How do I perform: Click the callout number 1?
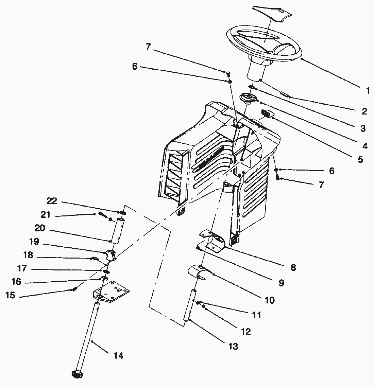tap(367, 91)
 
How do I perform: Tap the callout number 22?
tap(52, 201)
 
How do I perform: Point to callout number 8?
tap(293, 267)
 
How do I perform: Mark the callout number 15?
tap(11, 295)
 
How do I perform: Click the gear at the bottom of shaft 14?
tap(78, 374)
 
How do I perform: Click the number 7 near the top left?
tap(148, 47)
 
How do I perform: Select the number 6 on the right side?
tap(331, 171)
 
